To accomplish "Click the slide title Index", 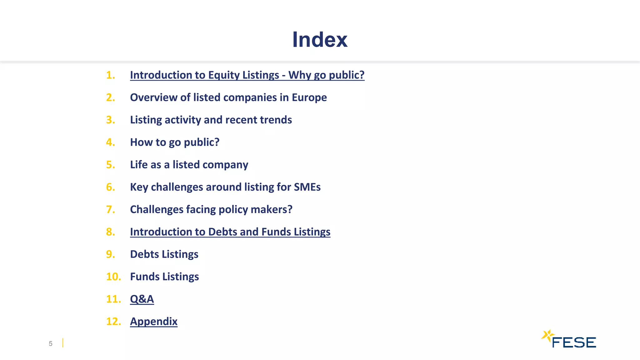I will click(x=319, y=40).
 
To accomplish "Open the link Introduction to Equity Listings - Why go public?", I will click(x=247, y=75).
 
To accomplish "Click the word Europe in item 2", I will click(x=309, y=97).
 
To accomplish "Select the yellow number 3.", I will click(x=110, y=120).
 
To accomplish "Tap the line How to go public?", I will click(x=174, y=142).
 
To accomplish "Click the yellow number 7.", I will click(x=110, y=209).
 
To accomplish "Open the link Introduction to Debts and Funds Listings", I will click(x=230, y=232).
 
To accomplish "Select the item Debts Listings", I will click(x=164, y=254).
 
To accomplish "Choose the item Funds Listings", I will click(x=164, y=277).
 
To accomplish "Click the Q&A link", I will click(x=142, y=299).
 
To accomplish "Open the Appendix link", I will click(x=153, y=322).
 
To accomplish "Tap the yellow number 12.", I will click(x=113, y=322).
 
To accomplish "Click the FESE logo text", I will click(x=574, y=343).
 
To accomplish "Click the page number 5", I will click(x=51, y=344).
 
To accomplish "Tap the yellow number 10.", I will click(x=113, y=277).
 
